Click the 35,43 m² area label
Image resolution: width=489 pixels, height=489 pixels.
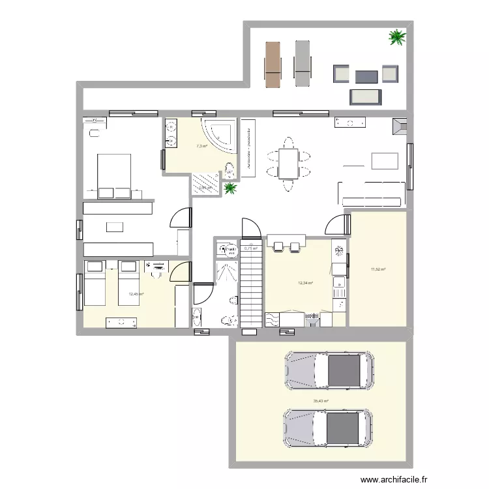click(x=321, y=402)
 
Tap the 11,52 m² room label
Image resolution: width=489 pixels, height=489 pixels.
click(x=378, y=269)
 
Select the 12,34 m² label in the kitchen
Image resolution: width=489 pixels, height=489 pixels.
click(x=305, y=283)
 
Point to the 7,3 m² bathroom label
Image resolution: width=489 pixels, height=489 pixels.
click(x=201, y=146)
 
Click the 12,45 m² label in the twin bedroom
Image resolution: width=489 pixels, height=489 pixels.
click(x=136, y=294)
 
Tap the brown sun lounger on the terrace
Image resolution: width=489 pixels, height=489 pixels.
click(x=273, y=64)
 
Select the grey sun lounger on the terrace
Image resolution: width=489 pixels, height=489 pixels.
click(x=302, y=64)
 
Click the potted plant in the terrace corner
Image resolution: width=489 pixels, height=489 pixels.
click(x=396, y=37)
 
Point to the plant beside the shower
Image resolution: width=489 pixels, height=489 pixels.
click(x=230, y=189)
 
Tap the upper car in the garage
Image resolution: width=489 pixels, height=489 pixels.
click(x=329, y=372)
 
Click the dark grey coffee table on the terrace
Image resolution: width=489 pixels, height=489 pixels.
click(x=366, y=76)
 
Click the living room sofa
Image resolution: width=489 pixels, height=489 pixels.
click(x=369, y=193)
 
